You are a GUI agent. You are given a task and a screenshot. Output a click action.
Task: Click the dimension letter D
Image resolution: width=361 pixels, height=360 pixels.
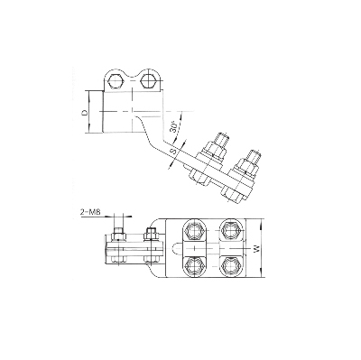(x=85, y=112)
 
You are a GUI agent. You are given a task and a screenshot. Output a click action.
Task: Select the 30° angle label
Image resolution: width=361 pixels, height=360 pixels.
(x=173, y=126)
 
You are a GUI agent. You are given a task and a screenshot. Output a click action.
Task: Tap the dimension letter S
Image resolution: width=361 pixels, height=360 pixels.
(x=174, y=152)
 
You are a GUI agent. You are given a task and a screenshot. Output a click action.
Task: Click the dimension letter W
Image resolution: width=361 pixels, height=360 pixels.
(x=256, y=249)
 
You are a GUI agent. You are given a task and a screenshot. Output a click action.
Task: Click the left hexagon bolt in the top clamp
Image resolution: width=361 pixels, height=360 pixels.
(x=115, y=80)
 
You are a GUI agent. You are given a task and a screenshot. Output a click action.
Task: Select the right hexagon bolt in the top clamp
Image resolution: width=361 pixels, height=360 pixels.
(x=148, y=80)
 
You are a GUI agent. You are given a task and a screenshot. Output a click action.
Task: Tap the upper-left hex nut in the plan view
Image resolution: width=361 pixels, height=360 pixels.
(x=195, y=231)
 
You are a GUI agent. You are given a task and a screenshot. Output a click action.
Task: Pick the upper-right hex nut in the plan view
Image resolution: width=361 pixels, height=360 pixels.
(x=229, y=231)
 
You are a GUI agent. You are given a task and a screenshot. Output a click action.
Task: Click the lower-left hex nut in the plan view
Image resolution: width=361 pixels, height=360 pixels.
(x=195, y=265)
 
